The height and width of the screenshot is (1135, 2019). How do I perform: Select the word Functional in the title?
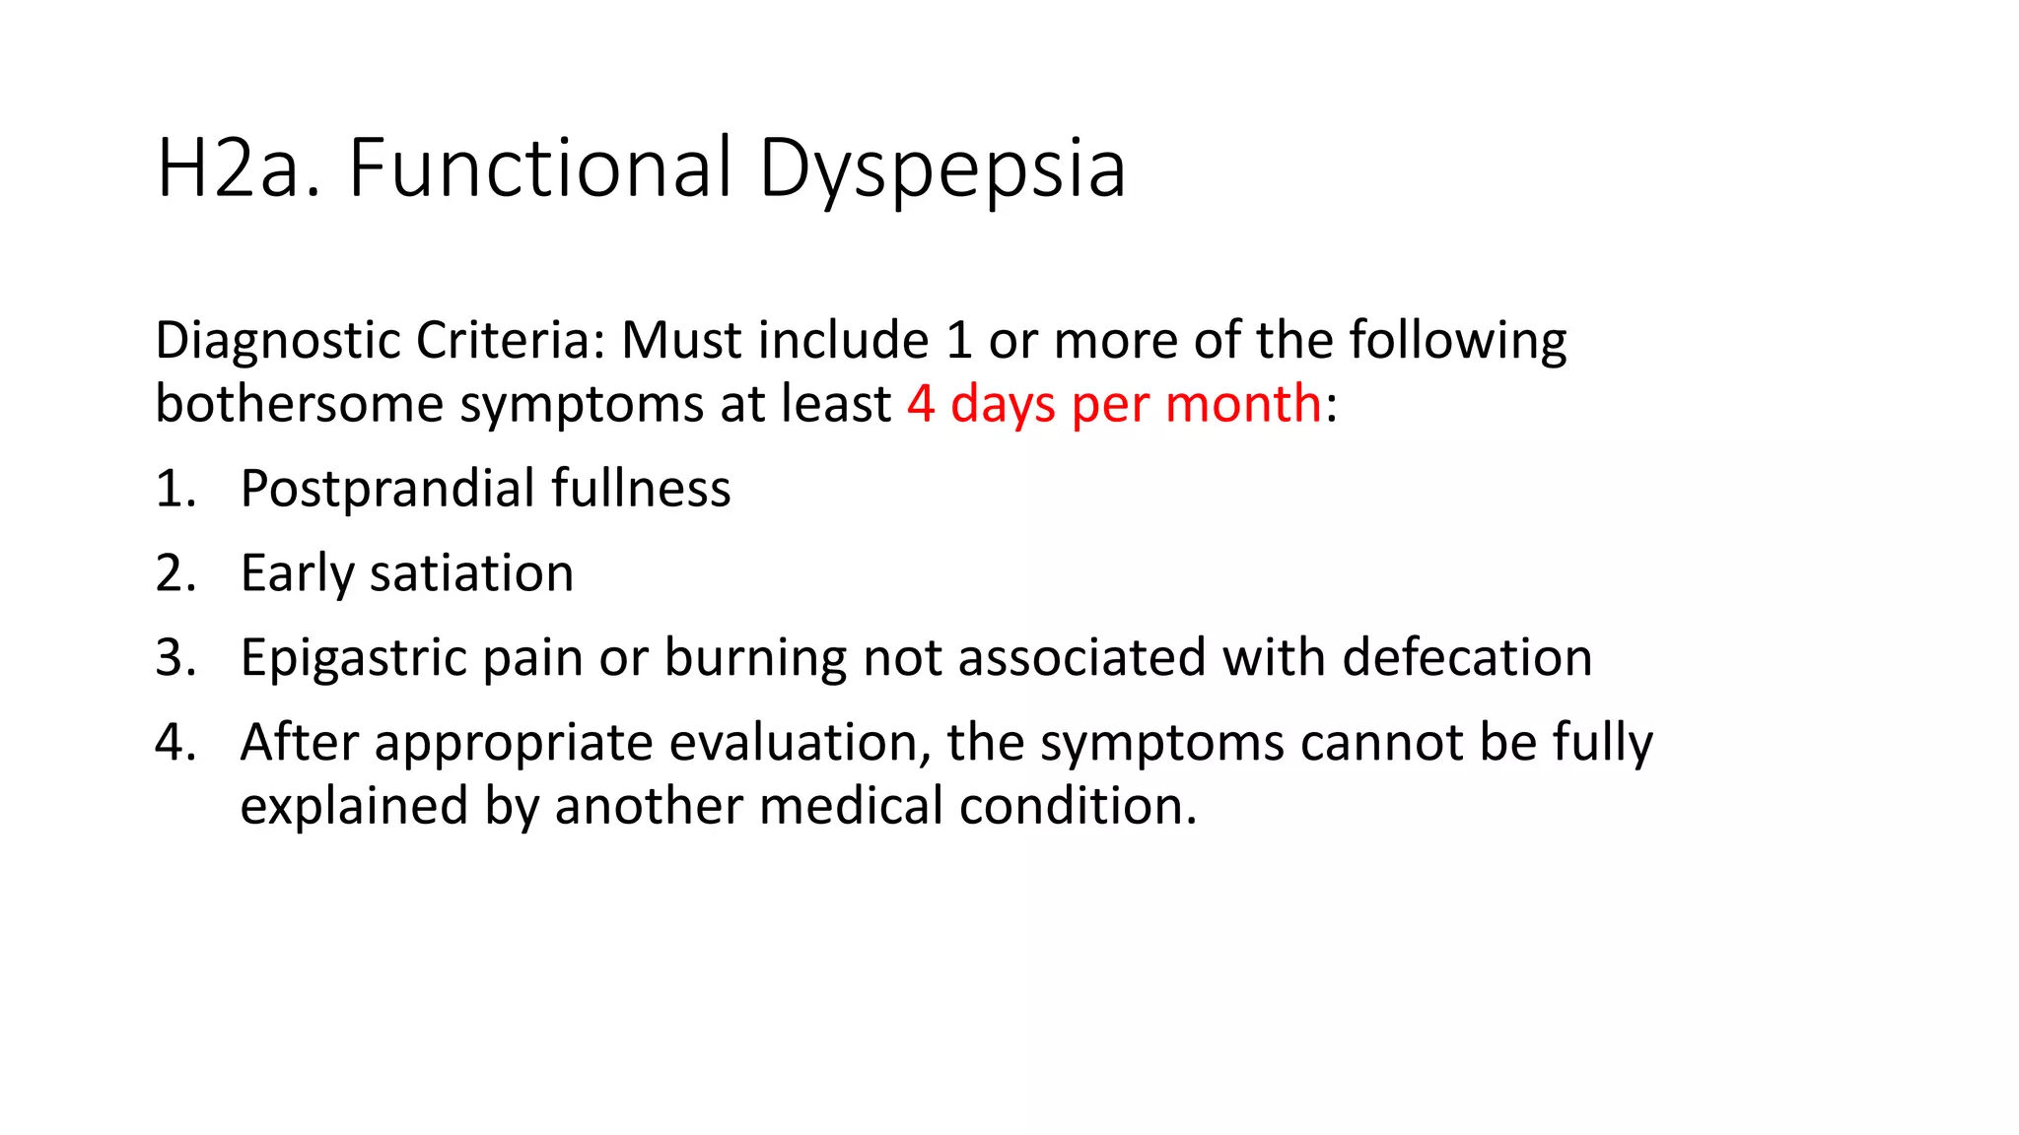point(540,168)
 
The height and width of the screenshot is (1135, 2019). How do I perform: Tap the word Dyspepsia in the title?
point(941,168)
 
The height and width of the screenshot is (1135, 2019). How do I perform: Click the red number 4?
point(921,404)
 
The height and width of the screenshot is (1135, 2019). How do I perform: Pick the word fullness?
point(641,489)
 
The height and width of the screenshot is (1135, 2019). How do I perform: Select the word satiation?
point(471,573)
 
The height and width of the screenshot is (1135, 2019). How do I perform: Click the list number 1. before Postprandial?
point(174,490)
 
